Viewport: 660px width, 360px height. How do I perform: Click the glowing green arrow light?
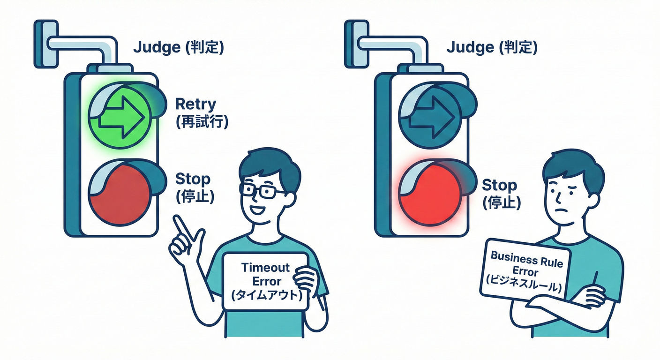[120, 114]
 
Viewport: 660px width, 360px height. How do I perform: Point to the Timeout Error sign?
[266, 281]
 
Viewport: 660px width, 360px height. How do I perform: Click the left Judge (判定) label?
[179, 47]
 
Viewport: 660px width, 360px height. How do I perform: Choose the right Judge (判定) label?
[492, 47]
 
